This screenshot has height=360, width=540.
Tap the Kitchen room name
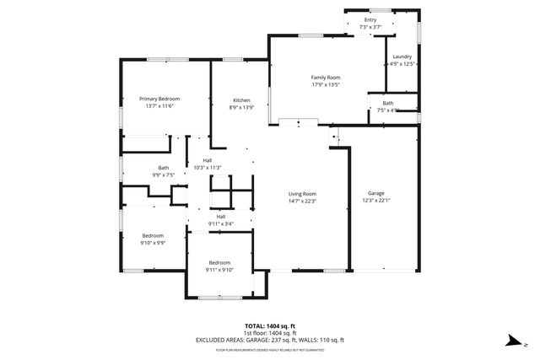(241, 100)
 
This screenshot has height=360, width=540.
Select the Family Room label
(325, 77)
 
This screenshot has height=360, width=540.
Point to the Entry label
(370, 19)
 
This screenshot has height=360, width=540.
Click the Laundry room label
(402, 56)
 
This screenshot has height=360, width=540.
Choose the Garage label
(375, 192)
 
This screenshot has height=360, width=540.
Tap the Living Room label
(303, 193)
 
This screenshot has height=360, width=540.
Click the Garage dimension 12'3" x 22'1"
(375, 200)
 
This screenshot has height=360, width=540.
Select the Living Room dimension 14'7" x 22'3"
(303, 201)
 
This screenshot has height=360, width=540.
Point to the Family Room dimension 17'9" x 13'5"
(325, 84)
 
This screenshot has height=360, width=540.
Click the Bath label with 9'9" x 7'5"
(163, 167)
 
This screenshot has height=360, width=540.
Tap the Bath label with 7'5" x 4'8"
(387, 103)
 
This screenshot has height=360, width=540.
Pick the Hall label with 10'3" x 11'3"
(207, 160)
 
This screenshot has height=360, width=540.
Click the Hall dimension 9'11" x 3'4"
(220, 223)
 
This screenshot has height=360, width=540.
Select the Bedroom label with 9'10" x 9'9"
(153, 235)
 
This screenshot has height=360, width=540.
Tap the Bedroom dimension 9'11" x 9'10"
(220, 270)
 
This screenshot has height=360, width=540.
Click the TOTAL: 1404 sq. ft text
(270, 325)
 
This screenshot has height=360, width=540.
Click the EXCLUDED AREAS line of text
(270, 340)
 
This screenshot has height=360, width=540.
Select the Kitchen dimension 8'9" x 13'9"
(241, 108)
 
